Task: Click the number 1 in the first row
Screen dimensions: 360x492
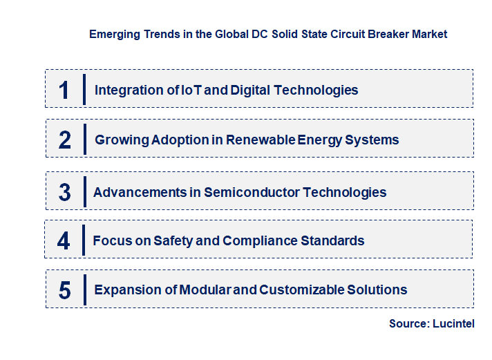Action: tap(64, 90)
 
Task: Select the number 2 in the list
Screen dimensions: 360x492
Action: tap(65, 140)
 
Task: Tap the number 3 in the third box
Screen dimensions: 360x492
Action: tap(64, 193)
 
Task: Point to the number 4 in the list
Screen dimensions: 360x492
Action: tap(64, 241)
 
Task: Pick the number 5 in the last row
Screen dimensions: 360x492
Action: tap(64, 290)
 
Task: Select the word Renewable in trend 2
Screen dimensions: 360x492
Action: tap(266, 140)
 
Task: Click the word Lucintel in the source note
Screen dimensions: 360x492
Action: tap(453, 323)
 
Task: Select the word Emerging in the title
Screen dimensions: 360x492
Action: tap(113, 34)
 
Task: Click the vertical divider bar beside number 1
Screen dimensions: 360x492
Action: tap(84, 89)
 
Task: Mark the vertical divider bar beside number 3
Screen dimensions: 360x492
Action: tap(84, 191)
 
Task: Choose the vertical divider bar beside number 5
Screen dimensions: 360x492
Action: tap(84, 290)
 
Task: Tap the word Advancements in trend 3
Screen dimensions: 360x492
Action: tap(140, 192)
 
